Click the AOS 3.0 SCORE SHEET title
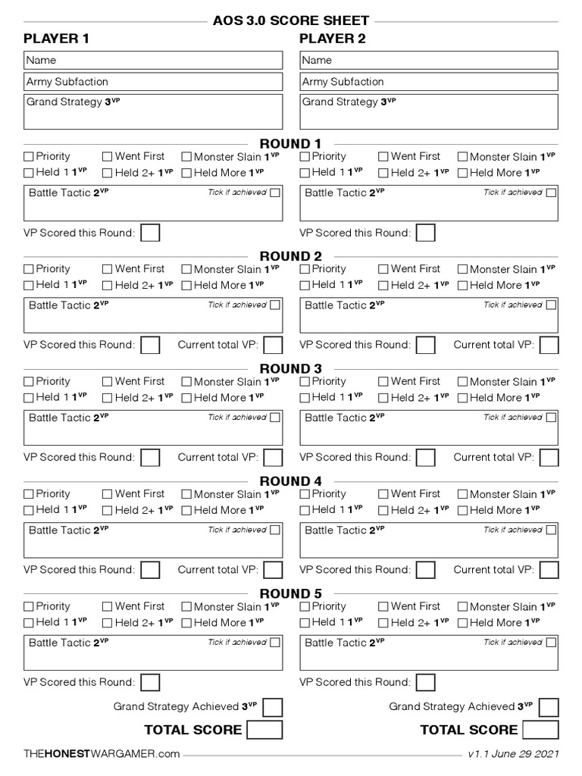(x=291, y=20)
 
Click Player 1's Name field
(x=153, y=60)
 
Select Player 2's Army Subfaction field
(x=429, y=82)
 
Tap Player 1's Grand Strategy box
(x=153, y=111)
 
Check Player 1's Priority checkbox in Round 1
(x=29, y=157)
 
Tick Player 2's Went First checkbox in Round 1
(x=383, y=157)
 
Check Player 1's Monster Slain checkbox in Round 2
(x=186, y=269)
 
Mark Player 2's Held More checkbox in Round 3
(x=462, y=398)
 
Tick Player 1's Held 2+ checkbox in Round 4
(x=108, y=511)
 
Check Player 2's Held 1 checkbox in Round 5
(x=305, y=623)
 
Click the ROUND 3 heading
(x=291, y=369)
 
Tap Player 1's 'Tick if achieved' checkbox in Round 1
(x=274, y=192)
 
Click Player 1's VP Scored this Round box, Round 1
(x=150, y=233)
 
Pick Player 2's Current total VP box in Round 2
(x=549, y=346)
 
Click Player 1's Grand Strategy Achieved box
(x=273, y=708)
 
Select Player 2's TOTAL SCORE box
(x=540, y=731)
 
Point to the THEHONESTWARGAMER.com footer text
(x=102, y=754)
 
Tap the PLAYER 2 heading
(x=333, y=39)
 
